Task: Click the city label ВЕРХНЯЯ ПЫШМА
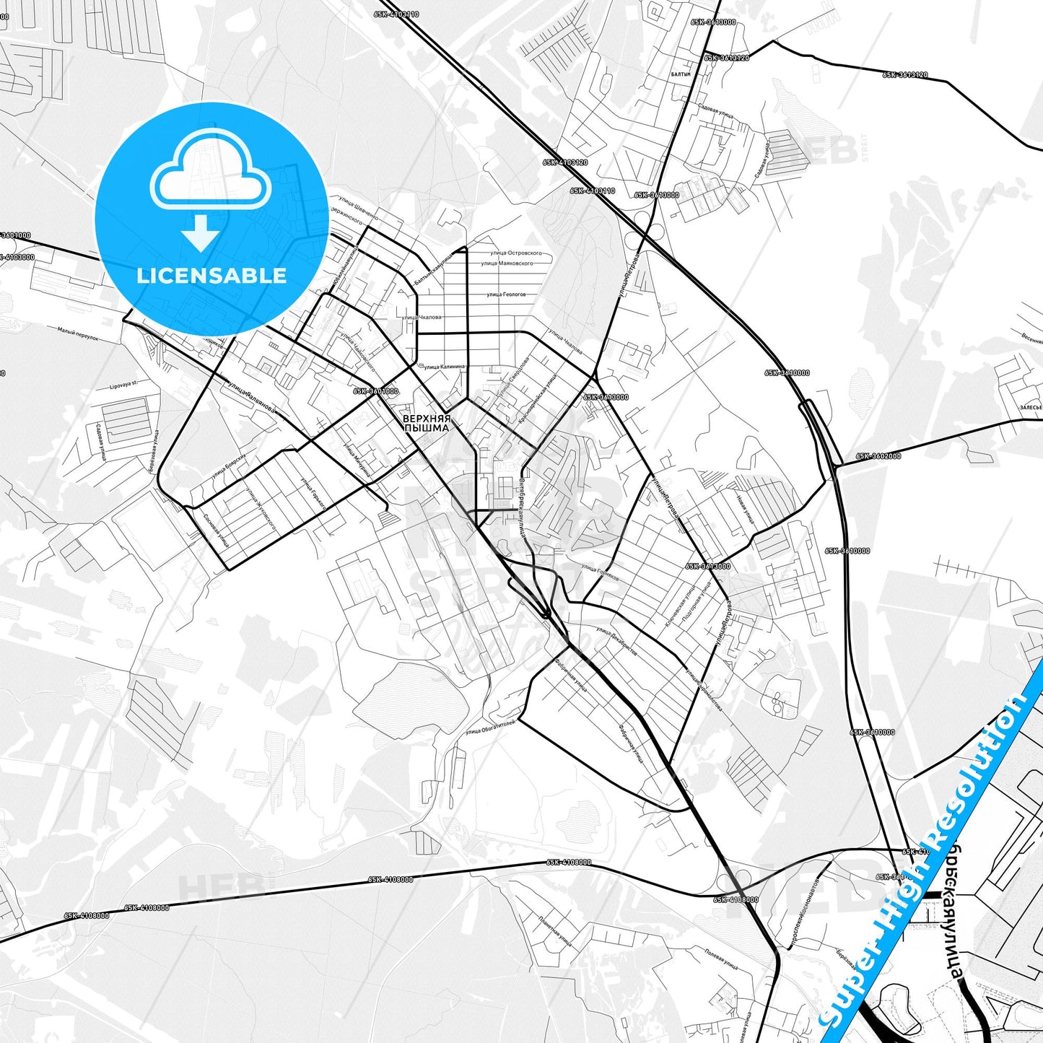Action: click(426, 423)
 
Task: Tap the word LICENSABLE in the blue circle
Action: click(211, 276)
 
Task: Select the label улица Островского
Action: click(516, 253)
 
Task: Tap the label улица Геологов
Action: click(506, 294)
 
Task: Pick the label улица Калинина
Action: click(445, 367)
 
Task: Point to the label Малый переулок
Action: click(77, 333)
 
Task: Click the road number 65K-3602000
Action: click(878, 456)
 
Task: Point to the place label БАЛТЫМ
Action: click(681, 74)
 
